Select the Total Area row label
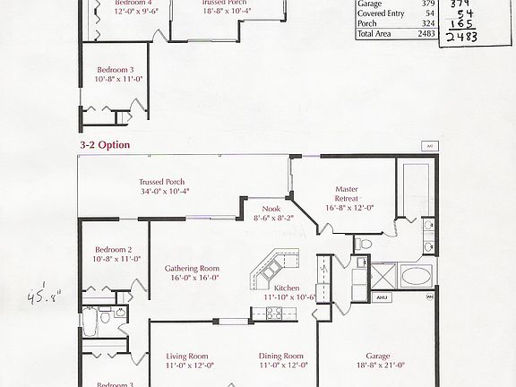click(375, 33)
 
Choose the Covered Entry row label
click(379, 13)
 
